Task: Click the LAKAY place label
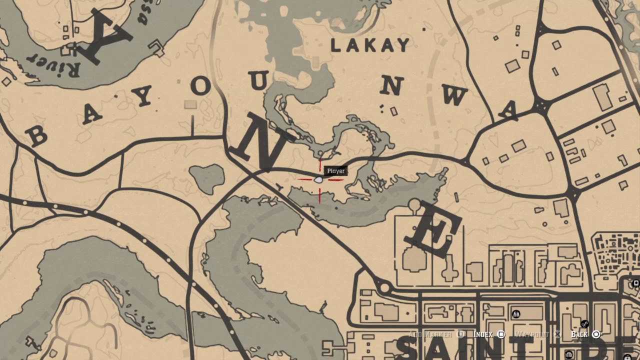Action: click(370, 45)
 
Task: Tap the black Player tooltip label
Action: click(335, 171)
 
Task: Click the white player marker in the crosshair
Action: click(318, 179)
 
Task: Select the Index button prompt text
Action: click(483, 334)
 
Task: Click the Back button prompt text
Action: click(579, 334)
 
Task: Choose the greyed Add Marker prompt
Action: click(430, 334)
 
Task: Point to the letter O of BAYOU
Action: click(200, 86)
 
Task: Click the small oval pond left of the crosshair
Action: click(207, 177)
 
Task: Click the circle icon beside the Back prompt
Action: click(596, 334)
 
